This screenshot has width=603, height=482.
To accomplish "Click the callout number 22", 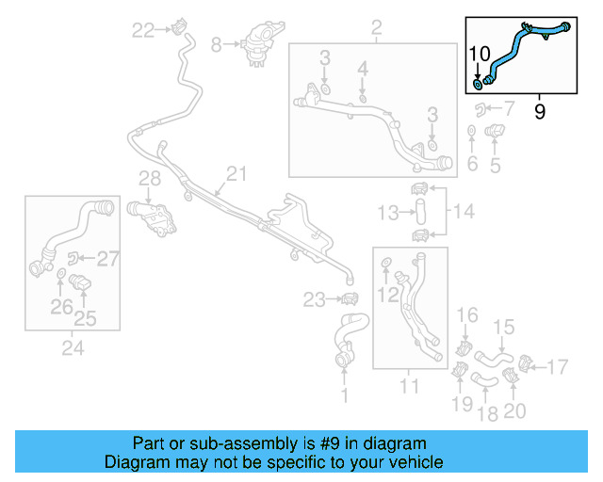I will coord(143,30).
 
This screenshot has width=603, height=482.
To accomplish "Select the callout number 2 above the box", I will coord(376,26).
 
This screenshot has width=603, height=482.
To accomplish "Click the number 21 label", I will coord(236,173).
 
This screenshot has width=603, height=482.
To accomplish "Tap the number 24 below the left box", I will coord(73,349).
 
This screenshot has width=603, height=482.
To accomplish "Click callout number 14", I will coord(465,211).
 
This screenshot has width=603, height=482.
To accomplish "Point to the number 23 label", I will coord(314,300).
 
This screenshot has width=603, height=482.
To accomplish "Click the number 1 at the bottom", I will coord(344,396).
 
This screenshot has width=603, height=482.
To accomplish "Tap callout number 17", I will coord(559,365).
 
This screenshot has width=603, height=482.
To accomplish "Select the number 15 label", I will coord(505,328).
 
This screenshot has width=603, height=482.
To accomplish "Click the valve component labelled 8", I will coord(253,45).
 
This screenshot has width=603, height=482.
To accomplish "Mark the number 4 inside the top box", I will coord(364,68).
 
